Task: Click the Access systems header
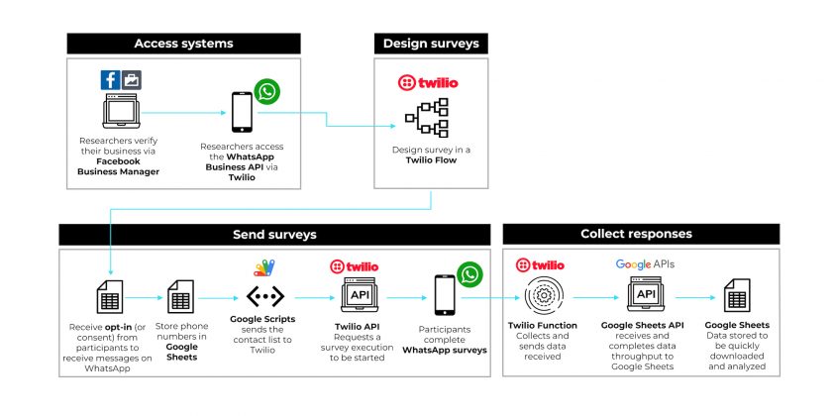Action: (x=183, y=44)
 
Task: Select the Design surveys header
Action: (x=431, y=44)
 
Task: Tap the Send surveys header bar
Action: (x=274, y=235)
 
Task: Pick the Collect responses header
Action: (x=641, y=234)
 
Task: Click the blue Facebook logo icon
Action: (x=110, y=80)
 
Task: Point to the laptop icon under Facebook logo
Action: (x=121, y=111)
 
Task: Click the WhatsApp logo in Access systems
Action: (x=266, y=91)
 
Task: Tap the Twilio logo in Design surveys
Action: (x=428, y=83)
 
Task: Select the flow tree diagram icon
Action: (x=427, y=117)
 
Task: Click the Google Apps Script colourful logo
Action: (x=264, y=268)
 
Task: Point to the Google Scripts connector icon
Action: (x=264, y=296)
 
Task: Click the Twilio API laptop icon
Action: (x=360, y=294)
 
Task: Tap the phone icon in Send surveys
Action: (x=445, y=295)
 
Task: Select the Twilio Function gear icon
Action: (x=543, y=295)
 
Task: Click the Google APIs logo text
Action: (x=645, y=264)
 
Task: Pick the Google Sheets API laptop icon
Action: (x=646, y=294)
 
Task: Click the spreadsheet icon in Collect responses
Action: (x=737, y=295)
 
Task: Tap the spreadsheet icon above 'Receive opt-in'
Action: (x=110, y=296)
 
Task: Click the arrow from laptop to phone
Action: (x=183, y=113)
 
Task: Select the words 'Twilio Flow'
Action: (x=431, y=159)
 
